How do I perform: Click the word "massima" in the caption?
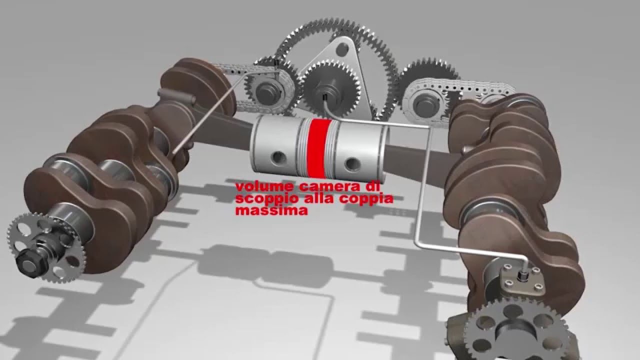click(271, 211)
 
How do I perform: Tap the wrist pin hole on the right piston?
click(352, 163)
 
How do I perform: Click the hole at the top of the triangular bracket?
click(341, 49)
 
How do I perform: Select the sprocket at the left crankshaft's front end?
click(45, 248)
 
